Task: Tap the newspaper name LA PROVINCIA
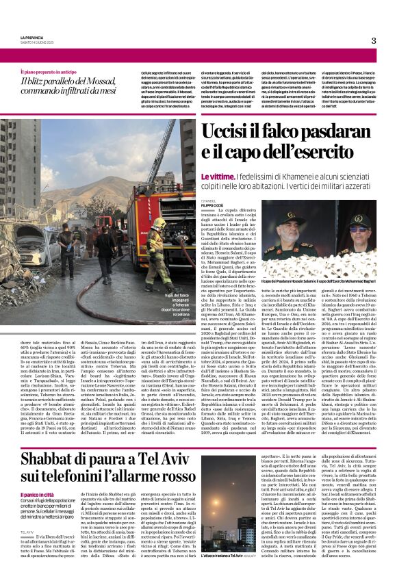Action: click(x=31, y=38)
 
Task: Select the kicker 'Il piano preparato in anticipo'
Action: click(x=49, y=71)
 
